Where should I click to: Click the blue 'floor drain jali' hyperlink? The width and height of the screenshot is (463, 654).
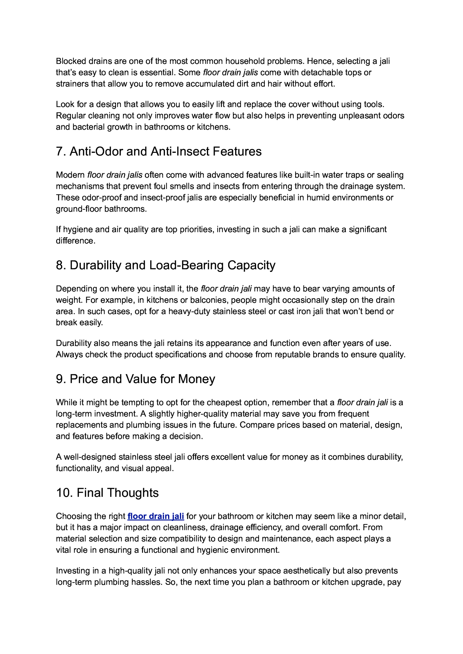click(x=155, y=516)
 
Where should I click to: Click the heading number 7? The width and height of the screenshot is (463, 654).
click(x=60, y=152)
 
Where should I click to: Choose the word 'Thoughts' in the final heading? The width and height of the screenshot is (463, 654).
click(x=133, y=493)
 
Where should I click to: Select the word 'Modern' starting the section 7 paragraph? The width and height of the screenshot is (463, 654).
click(x=70, y=175)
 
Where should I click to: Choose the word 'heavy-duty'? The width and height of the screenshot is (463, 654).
click(x=189, y=311)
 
